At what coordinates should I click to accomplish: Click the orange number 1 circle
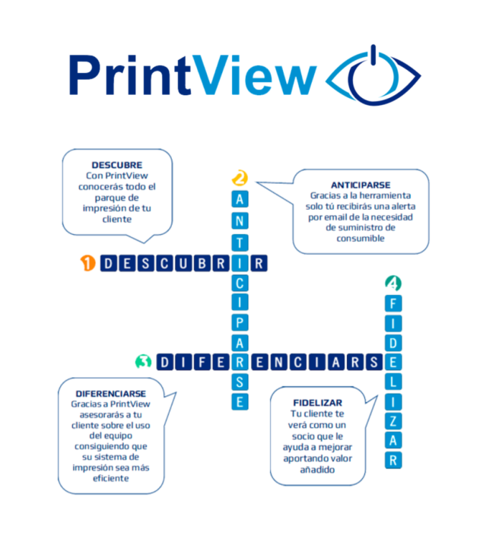pos(88,264)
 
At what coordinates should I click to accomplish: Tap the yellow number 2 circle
pos(240,179)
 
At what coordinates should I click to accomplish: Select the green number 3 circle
pos(141,361)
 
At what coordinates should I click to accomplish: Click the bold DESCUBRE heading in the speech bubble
pos(116,165)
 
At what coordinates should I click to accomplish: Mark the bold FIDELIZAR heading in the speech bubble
pos(317,402)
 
